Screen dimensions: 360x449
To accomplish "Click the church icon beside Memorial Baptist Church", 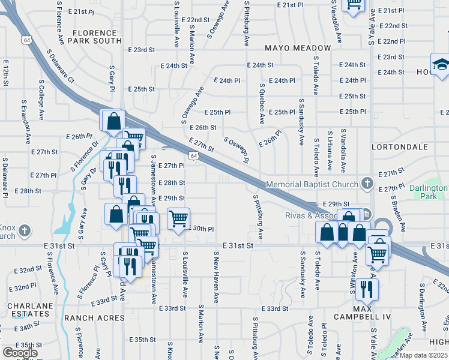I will (367, 184).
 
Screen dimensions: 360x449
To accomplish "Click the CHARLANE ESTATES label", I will (28, 310).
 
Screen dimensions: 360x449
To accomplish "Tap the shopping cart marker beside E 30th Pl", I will (178, 218).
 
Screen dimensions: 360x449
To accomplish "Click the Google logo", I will (20, 352).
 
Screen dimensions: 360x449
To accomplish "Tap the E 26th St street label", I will (202, 128).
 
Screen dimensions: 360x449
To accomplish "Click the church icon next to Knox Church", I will (24, 230).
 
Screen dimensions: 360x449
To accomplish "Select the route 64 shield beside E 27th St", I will (193, 156).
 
